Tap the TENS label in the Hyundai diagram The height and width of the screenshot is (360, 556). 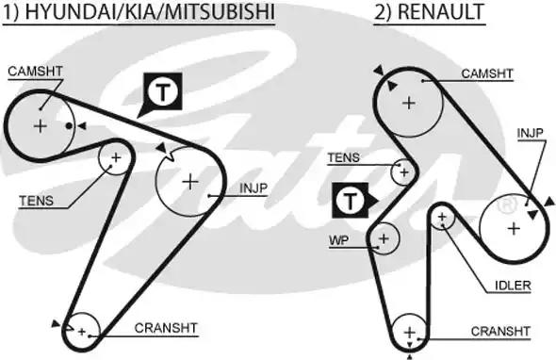36,200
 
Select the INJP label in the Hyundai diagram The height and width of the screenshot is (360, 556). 253,188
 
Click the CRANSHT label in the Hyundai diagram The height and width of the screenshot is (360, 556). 166,328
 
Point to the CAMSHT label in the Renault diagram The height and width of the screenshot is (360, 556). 486,73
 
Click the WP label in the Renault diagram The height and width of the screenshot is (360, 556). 338,240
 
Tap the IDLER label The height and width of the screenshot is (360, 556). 513,286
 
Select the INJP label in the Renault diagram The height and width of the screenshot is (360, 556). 531,133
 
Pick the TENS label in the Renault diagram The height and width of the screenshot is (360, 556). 343,157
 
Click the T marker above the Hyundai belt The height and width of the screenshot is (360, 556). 162,91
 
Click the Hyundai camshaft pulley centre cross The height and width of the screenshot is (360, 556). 41,124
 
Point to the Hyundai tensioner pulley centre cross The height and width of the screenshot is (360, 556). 116,157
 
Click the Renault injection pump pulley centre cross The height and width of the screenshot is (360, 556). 513,227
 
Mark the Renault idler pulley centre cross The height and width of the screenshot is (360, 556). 441,218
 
